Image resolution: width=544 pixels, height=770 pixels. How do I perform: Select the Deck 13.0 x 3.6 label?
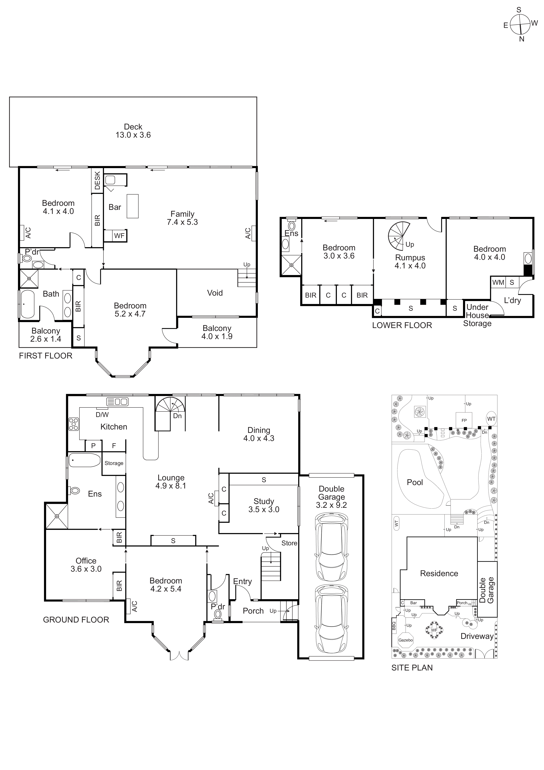[x=133, y=131]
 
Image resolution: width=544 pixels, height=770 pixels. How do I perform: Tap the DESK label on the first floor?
[x=97, y=180]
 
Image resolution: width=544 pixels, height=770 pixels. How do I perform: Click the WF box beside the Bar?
[x=119, y=236]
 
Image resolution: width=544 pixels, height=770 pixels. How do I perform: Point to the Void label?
[x=215, y=293]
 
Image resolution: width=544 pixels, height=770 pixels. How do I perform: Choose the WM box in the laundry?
[x=498, y=282]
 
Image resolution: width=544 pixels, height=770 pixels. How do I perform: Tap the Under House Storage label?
[x=477, y=315]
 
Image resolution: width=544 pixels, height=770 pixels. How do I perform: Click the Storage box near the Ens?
[x=114, y=463]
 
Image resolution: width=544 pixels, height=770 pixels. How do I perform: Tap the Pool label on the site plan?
[x=415, y=482]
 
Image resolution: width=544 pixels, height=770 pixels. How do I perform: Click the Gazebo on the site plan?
[x=406, y=640]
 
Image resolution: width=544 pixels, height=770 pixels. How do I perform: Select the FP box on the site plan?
[x=464, y=420]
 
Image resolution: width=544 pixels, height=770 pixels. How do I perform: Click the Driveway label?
[x=477, y=636]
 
